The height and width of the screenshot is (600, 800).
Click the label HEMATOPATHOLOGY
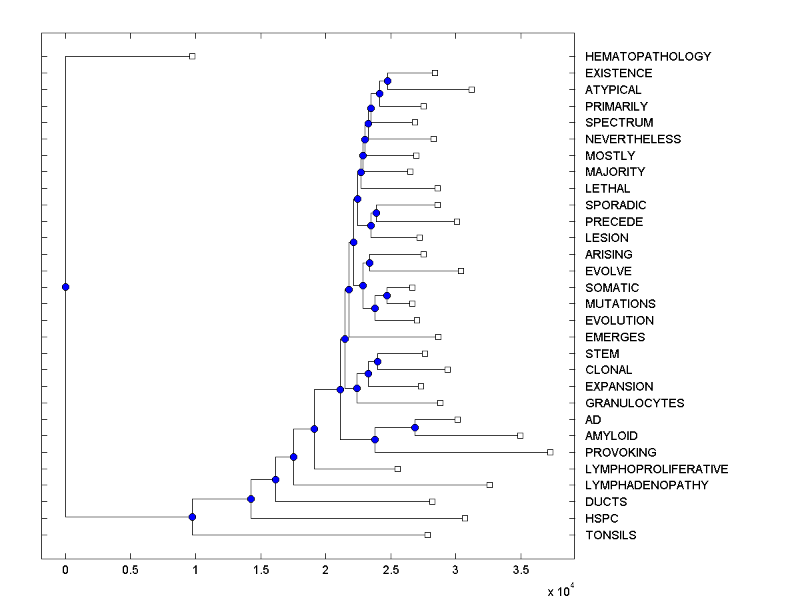(648, 57)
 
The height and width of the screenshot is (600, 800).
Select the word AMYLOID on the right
(611, 436)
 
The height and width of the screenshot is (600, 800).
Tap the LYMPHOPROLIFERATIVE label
(657, 469)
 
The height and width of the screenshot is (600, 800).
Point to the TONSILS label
(611, 535)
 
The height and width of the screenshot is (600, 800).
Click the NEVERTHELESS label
(633, 139)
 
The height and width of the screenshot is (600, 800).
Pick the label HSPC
(602, 519)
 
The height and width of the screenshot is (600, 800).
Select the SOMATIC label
(612, 288)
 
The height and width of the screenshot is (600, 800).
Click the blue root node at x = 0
(65, 287)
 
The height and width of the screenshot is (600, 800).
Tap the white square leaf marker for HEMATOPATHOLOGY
(192, 56)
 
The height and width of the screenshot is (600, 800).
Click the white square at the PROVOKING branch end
(550, 452)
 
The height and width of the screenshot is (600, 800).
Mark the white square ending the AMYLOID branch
(520, 435)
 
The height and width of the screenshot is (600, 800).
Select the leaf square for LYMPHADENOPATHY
(489, 485)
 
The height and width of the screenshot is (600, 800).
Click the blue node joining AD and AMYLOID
(415, 427)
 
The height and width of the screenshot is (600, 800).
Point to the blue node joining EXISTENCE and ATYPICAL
(388, 81)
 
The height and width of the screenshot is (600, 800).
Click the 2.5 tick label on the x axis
(390, 570)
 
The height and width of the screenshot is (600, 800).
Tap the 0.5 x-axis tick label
(130, 570)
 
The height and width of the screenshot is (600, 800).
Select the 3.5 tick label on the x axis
(520, 570)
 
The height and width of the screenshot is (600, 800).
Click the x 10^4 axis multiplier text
(556, 591)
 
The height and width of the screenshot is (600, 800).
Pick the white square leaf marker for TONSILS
(427, 535)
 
